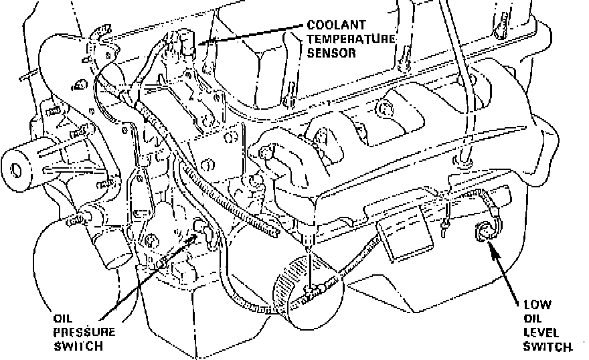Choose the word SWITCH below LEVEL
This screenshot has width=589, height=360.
tap(548, 346)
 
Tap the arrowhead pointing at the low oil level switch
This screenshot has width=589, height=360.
tap(492, 250)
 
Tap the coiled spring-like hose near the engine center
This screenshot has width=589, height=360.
tap(228, 201)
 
